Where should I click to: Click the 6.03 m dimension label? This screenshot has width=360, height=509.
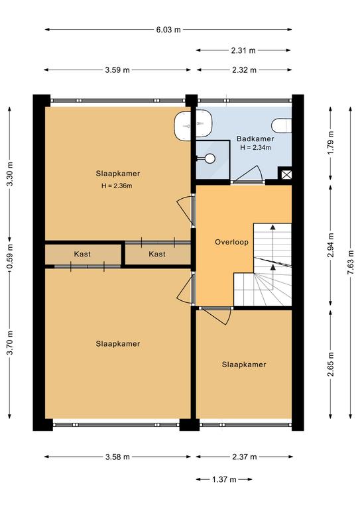pyautogui.click(x=168, y=30)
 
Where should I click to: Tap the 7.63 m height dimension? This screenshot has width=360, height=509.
pyautogui.click(x=350, y=263)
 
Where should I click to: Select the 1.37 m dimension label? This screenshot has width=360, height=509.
pyautogui.click(x=224, y=479)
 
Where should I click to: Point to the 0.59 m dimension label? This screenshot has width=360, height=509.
pyautogui.click(x=10, y=256)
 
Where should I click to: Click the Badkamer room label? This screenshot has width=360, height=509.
pyautogui.click(x=255, y=139)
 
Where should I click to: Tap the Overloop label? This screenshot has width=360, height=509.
pyautogui.click(x=231, y=242)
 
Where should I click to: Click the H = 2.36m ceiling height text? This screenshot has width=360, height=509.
pyautogui.click(x=117, y=186)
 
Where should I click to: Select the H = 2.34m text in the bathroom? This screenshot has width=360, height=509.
pyautogui.click(x=255, y=147)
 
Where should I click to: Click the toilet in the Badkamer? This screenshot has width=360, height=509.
pyautogui.click(x=282, y=126)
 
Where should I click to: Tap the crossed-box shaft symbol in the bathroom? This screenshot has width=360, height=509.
pyautogui.click(x=286, y=175)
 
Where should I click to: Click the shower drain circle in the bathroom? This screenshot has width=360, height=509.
pyautogui.click(x=210, y=158)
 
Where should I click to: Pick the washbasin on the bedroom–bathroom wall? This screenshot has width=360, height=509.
pyautogui.click(x=193, y=125)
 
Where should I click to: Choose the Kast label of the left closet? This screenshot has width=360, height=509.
pyautogui.click(x=82, y=254)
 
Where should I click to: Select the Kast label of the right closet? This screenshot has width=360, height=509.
pyautogui.click(x=157, y=254)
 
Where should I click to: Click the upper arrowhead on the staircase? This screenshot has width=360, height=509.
pyautogui.click(x=272, y=227)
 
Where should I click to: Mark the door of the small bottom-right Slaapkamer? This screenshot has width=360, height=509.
pyautogui.click(x=217, y=315)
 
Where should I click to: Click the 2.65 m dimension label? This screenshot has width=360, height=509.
pyautogui.click(x=330, y=365)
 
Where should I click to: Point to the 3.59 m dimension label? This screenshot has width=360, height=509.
pyautogui.click(x=117, y=70)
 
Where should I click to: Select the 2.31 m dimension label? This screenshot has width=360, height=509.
pyautogui.click(x=243, y=50)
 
